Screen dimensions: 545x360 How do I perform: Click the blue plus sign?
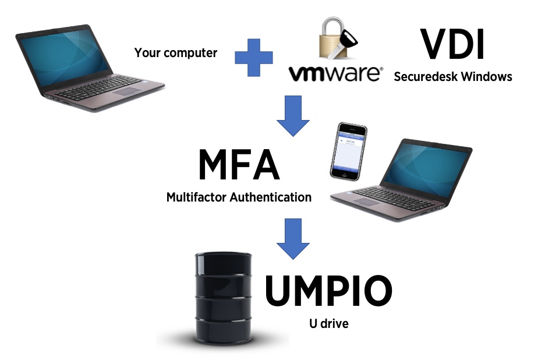pos(254,58)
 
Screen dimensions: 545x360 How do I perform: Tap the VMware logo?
pos(336,73)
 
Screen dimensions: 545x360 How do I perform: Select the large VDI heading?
pos(452,44)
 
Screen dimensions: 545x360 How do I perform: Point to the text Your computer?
pos(175,53)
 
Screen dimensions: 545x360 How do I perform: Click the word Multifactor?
pos(197,197)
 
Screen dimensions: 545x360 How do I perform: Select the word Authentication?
pos(271,197)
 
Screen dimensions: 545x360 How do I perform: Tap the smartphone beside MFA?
pos(348,151)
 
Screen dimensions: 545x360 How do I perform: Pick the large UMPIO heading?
pos(329,291)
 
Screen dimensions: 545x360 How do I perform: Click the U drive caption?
pos(329,324)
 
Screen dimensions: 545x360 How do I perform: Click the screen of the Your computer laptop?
pos(62,56)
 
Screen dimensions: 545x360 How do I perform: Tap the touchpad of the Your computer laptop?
pos(126,91)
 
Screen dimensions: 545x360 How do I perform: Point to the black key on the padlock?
pos(342,44)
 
